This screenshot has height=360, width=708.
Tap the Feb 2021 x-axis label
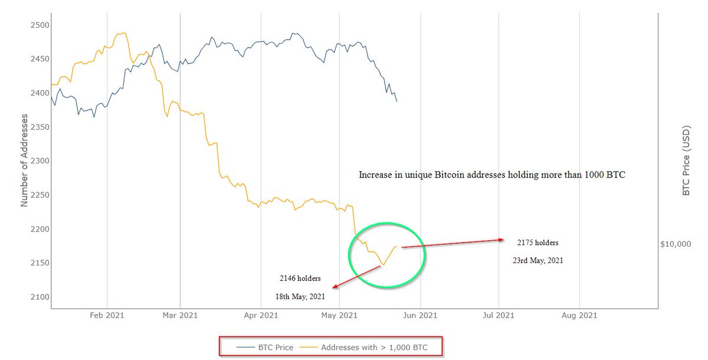coord(107,316)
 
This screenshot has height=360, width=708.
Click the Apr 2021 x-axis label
coord(260,316)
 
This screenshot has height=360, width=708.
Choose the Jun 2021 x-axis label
coord(419,316)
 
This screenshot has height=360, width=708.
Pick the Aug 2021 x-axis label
coord(579,316)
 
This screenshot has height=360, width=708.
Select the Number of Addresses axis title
coord(25,161)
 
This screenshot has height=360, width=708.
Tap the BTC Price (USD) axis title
coord(686,161)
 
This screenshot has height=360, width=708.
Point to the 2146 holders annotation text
coord(301,277)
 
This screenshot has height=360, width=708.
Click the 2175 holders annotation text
coord(537,243)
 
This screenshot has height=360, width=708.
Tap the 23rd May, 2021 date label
coord(537,260)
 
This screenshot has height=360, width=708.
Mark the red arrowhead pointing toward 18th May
coord(335,287)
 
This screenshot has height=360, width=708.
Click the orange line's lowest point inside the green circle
coord(382,265)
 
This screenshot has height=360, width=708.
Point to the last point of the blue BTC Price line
coord(397,102)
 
